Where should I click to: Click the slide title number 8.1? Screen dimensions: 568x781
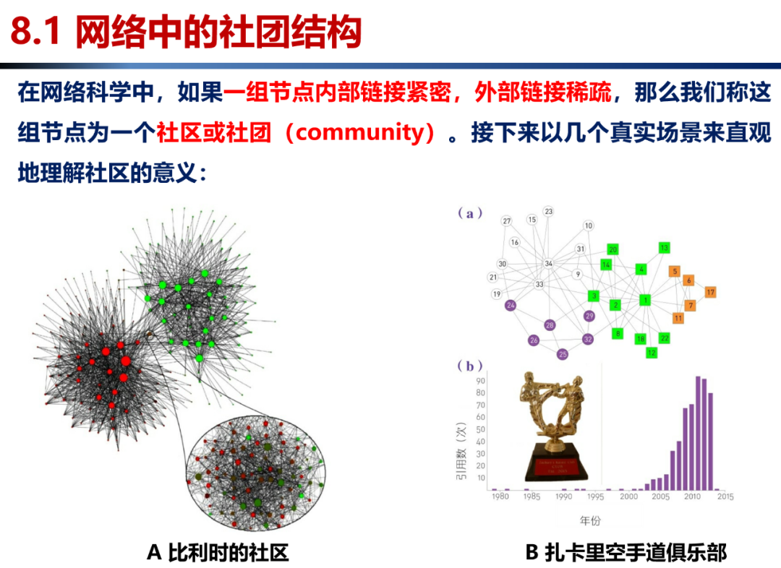pos(36,33)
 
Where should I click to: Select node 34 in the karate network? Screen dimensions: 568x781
pos(549,264)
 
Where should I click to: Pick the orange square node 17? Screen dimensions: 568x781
pos(711,292)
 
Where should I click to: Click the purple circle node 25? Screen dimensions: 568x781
pos(563,354)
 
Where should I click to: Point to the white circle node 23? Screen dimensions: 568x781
pos(549,211)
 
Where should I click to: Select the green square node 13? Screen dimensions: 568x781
pos(664,248)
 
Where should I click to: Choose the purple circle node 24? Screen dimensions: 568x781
pos(511,306)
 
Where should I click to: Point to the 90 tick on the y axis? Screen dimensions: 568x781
pos(480,380)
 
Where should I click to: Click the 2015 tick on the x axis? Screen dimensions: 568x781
pos(725,497)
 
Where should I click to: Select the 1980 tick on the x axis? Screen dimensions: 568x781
pos(499,497)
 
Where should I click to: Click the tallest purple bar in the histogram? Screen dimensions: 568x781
pos(698,433)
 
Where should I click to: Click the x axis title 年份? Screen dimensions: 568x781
pos(590,520)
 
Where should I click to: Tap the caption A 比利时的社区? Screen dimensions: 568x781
pos(218,553)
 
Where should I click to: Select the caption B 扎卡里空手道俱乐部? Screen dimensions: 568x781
pos(626,553)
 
